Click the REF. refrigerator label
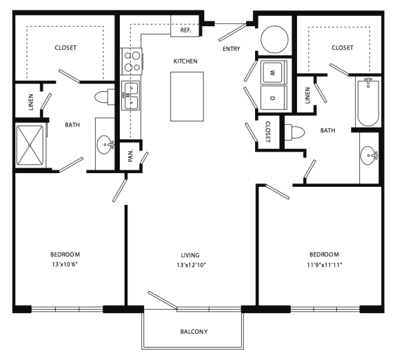click(x=185, y=30)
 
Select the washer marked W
click(x=274, y=72)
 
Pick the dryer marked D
click(x=274, y=97)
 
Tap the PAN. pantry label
click(x=131, y=155)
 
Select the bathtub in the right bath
click(x=367, y=101)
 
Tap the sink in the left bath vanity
click(x=105, y=145)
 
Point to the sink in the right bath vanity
click(x=369, y=153)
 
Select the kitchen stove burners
click(x=130, y=62)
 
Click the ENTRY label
click(x=231, y=49)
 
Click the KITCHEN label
click(x=185, y=61)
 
